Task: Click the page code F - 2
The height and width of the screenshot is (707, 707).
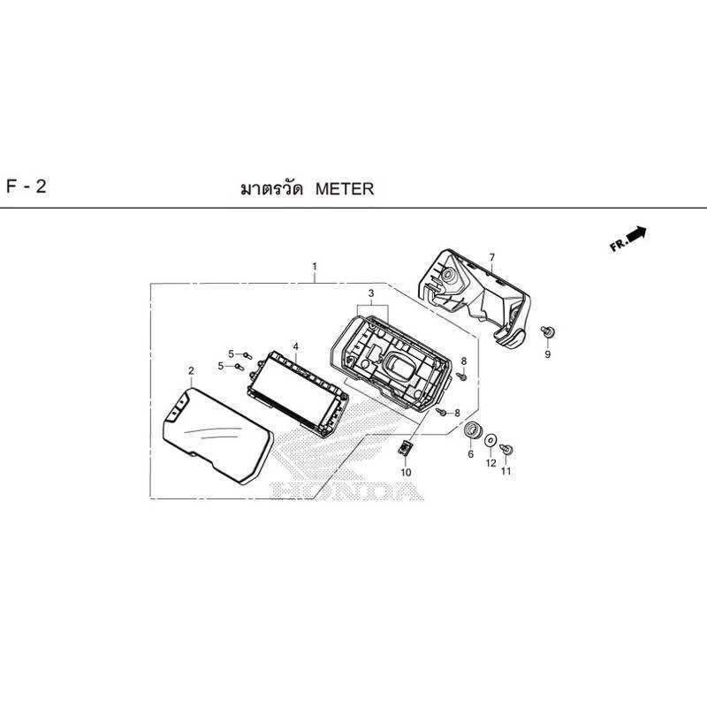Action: point(27,186)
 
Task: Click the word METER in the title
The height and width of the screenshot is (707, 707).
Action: point(345,189)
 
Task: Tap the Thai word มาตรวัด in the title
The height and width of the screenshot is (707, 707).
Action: point(271,189)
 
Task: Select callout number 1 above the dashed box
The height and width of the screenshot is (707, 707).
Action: point(315,267)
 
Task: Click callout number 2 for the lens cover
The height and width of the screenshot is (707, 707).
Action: point(191,370)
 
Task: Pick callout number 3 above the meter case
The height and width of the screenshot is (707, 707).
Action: point(371,293)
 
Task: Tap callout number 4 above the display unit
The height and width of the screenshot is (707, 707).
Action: point(296,346)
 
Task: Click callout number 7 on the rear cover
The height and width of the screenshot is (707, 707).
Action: point(492,257)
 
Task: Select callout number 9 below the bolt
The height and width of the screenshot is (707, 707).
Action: point(547,354)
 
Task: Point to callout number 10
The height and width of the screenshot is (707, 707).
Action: point(406,472)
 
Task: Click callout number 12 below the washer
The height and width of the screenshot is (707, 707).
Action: point(490,463)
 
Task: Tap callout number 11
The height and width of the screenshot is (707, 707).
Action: point(506,471)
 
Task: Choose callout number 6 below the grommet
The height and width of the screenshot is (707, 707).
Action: point(471,454)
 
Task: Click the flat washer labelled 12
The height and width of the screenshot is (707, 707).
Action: point(490,440)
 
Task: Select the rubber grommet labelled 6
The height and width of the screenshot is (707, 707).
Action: point(472,430)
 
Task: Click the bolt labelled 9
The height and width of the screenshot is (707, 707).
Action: point(548,332)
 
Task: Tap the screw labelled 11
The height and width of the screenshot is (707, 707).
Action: point(506,449)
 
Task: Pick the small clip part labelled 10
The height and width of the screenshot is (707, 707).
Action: point(405,449)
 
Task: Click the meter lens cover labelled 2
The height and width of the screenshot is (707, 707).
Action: point(217,437)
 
